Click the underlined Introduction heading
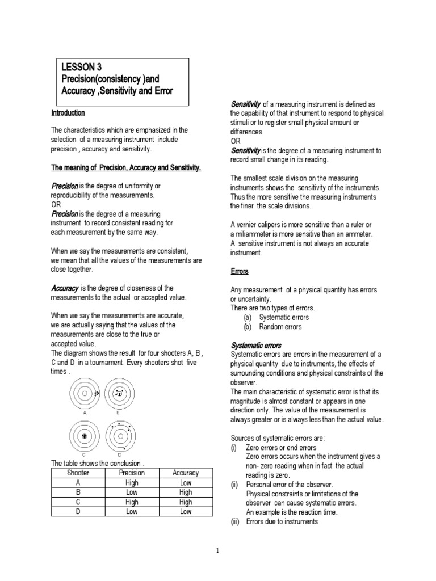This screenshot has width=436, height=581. pos(68,113)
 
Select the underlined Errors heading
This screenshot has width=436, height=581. pos(240,271)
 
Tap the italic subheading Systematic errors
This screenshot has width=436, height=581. pos(255,345)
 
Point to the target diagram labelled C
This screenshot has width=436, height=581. pos(83,436)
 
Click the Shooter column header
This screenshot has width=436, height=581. pos(78,473)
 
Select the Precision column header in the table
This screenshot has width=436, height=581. pos(132,473)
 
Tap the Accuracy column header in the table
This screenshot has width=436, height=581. pos(185,473)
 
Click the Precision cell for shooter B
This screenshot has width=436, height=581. pos(132,492)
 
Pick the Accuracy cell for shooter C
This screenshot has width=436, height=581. pos(185,502)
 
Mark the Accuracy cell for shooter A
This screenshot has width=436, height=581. pos(185,483)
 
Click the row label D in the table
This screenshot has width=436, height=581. pos(78,512)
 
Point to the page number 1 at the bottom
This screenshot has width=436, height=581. pos(218,550)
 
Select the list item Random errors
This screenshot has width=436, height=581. pos(280,327)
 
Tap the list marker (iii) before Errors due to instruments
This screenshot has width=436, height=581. pos(236,521)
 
